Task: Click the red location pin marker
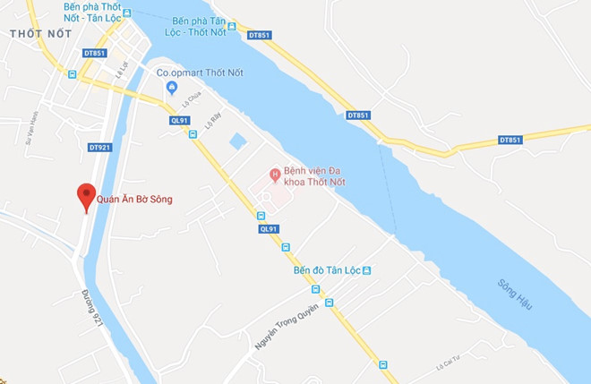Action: point(86,195)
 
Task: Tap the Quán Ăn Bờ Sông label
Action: point(134,199)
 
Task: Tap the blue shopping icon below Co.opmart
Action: point(172,88)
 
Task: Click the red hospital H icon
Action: point(276,173)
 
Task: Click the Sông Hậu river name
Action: point(515,294)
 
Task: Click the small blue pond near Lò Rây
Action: point(236,141)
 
